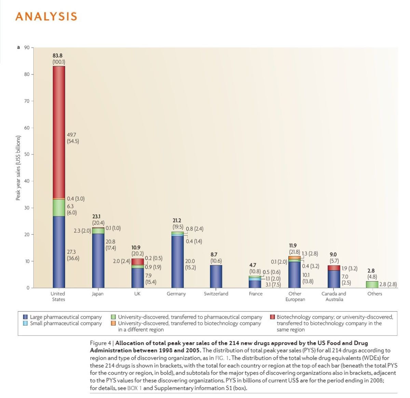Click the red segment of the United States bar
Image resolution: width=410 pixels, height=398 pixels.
pyautogui.click(x=59, y=132)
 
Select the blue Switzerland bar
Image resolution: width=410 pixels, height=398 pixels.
pyautogui.click(x=216, y=276)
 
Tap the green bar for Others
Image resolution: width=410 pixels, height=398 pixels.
pyautogui.click(x=372, y=284)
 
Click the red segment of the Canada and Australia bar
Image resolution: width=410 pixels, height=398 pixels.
pyautogui.click(x=334, y=268)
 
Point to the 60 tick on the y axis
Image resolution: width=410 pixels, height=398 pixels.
pyautogui.click(x=27, y=128)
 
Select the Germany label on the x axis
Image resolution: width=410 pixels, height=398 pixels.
pyautogui.click(x=176, y=294)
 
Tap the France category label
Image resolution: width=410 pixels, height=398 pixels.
pyautogui.click(x=256, y=294)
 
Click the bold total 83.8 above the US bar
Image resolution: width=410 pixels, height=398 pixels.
pyautogui.click(x=57, y=55)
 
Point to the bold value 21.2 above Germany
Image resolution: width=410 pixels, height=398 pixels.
pyautogui.click(x=177, y=221)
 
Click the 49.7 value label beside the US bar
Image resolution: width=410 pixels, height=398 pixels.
pyautogui.click(x=72, y=135)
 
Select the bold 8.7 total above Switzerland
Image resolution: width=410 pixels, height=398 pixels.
pyautogui.click(x=214, y=254)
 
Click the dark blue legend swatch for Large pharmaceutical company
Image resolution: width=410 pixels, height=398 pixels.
pyautogui.click(x=25, y=317)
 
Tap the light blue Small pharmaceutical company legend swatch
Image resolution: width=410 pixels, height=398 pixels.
pyautogui.click(x=25, y=323)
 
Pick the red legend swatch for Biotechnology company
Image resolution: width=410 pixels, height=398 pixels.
pyautogui.click(x=272, y=317)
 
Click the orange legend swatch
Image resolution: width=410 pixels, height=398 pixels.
pyautogui.click(x=113, y=323)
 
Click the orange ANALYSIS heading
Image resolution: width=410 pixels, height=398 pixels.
pyautogui.click(x=46, y=16)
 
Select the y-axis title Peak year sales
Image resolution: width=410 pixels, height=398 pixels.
pyautogui.click(x=18, y=168)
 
